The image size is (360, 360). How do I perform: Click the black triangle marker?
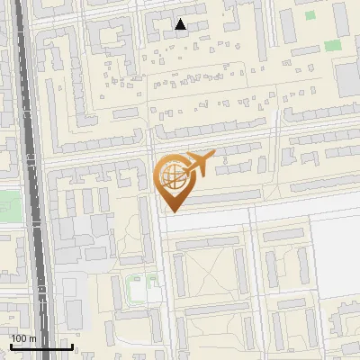(181, 24)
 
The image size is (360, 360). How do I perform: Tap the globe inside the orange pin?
(171, 174)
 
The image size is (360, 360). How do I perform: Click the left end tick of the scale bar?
(10, 346)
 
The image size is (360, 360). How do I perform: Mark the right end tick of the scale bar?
(72, 346)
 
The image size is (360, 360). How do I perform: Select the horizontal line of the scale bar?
(40, 347)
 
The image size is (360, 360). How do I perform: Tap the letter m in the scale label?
(32, 337)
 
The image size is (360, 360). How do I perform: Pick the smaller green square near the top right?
(310, 15)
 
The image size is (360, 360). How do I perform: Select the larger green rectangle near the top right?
(333, 45)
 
